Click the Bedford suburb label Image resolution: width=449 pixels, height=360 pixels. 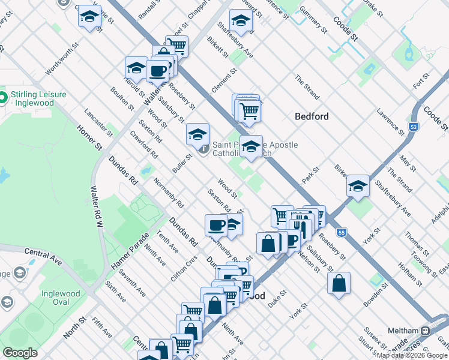click(x=312, y=116)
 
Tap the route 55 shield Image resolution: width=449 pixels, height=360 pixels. click(x=341, y=232)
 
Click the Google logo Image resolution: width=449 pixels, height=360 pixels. click(x=20, y=352)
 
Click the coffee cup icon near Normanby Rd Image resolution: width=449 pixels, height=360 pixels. click(x=216, y=225)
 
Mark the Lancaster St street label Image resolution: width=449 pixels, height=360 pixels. click(x=98, y=122)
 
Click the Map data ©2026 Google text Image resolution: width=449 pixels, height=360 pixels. click(x=412, y=355)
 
